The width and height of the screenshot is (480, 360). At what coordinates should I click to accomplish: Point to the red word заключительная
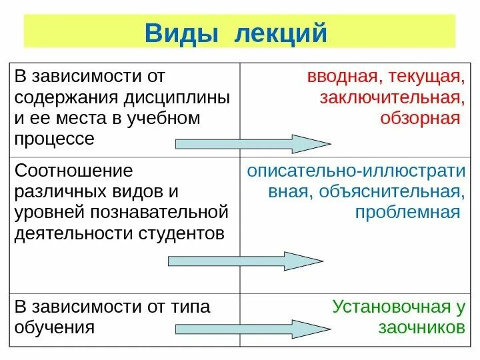[391, 98]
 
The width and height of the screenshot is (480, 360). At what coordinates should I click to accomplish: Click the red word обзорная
[421, 119]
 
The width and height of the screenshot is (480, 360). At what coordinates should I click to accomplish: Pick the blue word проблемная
[408, 212]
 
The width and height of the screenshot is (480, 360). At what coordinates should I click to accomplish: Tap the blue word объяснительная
[391, 192]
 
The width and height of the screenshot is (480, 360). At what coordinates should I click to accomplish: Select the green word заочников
[421, 327]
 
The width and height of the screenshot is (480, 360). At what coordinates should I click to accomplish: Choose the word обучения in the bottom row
[54, 327]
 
